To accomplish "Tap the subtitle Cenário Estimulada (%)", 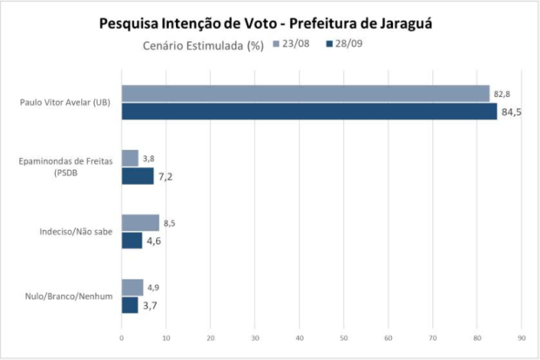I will [203, 44].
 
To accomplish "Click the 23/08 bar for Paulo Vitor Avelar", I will [305, 94].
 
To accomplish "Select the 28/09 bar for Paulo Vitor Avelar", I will [308, 111].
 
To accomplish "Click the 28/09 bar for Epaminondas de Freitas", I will [137, 175].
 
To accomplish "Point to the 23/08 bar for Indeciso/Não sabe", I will [139, 223].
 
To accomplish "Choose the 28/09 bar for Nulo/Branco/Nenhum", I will [129, 305].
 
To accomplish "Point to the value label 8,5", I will [171, 223].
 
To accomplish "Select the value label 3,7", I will [152, 306].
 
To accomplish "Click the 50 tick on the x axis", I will [344, 337].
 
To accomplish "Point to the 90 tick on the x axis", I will [522, 337].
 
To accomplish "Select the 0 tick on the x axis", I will [121, 337].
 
